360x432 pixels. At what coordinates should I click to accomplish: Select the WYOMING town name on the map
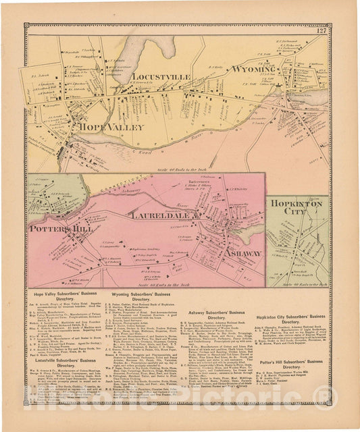pyautogui.click(x=254, y=70)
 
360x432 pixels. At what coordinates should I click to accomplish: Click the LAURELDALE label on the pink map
pyautogui.click(x=160, y=216)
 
